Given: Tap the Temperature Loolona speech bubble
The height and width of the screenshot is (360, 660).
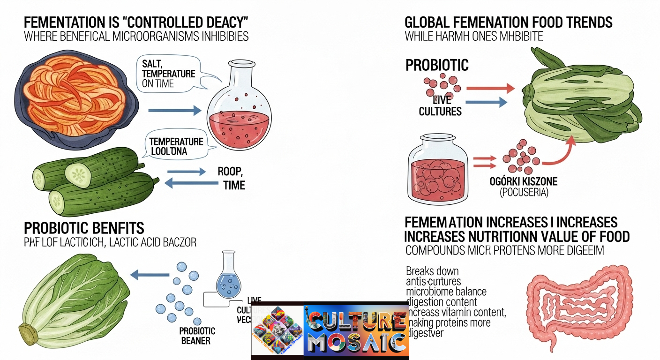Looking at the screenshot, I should [x=176, y=146].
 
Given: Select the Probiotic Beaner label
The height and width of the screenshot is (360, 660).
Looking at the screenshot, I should [x=197, y=336].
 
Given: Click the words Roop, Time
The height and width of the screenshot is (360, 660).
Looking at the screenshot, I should [x=231, y=178].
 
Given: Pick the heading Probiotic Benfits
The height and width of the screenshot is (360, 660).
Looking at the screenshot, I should [x=84, y=228].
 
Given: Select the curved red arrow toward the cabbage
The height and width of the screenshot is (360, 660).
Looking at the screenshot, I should [x=560, y=152].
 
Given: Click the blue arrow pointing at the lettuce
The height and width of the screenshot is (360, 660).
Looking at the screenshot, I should [x=150, y=275].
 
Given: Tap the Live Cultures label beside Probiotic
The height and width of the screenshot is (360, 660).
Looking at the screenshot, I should [x=440, y=105].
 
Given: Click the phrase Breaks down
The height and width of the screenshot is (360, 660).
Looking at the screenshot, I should [x=432, y=271].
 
